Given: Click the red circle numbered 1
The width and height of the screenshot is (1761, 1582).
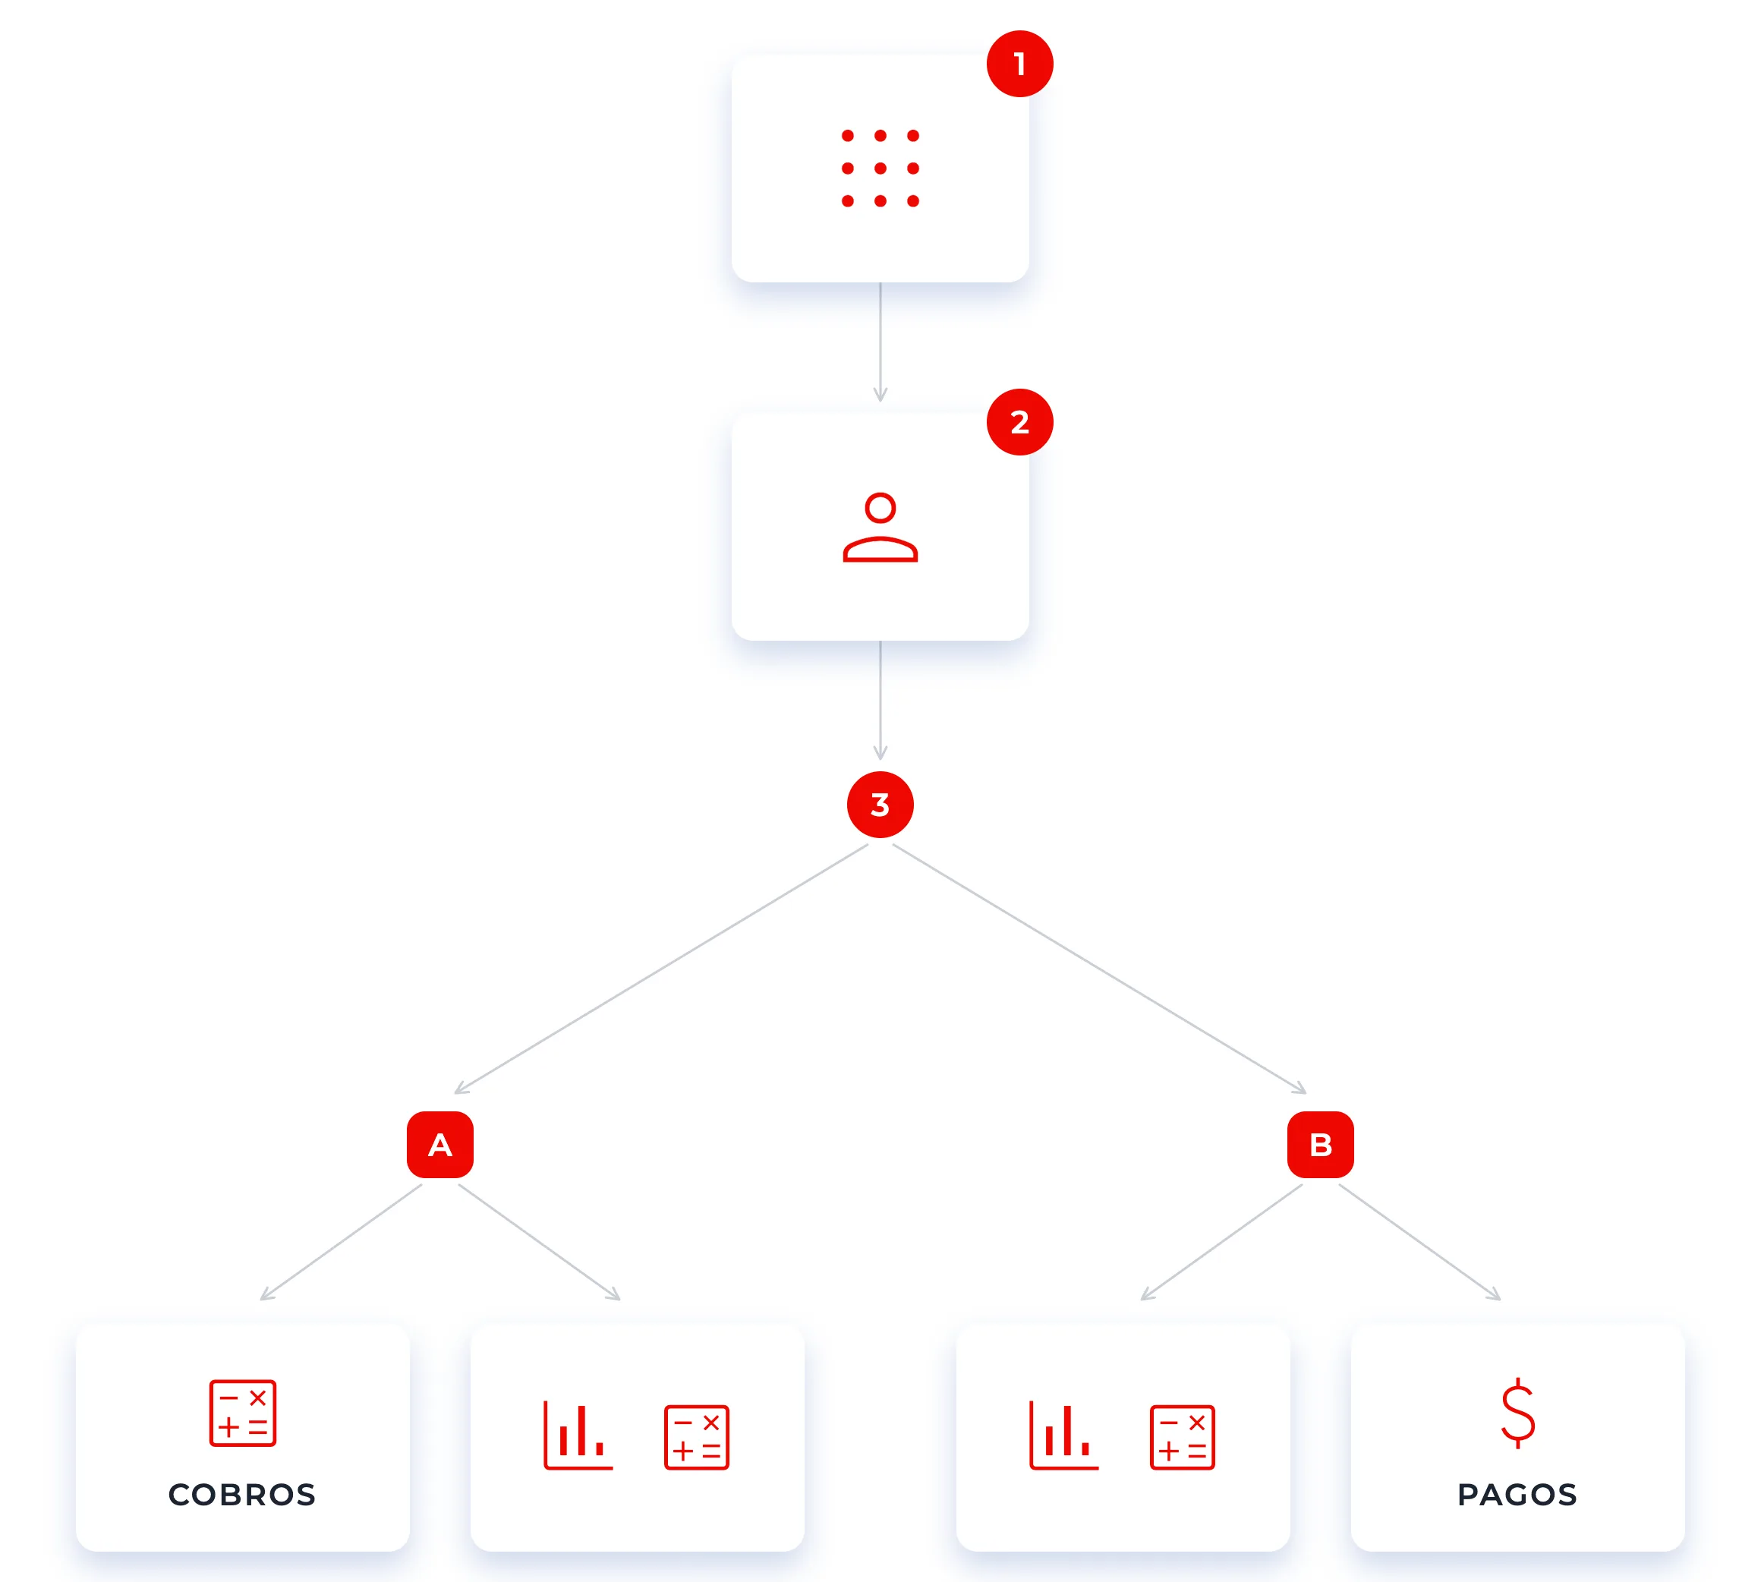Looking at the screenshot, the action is coord(1019,64).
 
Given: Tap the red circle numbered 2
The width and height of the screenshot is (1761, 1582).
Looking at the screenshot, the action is coord(1019,421).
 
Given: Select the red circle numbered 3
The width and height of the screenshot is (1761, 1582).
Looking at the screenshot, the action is coord(880,804).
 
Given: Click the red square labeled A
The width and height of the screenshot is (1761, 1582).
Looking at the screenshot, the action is coord(439,1145).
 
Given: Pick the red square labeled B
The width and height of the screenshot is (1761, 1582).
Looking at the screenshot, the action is coord(1320,1145).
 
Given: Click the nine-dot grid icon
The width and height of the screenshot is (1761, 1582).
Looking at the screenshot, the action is coord(880,168).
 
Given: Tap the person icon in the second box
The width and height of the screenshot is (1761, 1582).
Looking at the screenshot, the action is coord(880,528).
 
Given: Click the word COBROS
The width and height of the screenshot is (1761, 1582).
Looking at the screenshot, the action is coord(241,1495).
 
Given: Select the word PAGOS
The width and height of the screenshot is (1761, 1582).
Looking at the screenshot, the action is coord(1517,1495).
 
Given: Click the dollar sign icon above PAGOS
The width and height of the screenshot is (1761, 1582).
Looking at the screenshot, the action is coord(1517,1413).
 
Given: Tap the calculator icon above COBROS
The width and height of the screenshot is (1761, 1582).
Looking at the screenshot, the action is coord(242,1413).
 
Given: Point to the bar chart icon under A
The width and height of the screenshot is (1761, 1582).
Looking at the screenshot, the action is coord(578,1435).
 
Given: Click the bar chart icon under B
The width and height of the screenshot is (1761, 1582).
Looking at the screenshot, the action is coord(1064,1435).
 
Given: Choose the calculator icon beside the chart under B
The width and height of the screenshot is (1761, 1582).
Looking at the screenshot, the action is coord(1182,1438).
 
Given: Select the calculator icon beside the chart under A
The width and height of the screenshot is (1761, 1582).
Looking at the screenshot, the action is coord(696,1438).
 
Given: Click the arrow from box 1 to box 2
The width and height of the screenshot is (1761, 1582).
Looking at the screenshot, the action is coord(880,342).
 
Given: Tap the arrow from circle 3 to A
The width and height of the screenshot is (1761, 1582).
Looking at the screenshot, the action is coord(660,969).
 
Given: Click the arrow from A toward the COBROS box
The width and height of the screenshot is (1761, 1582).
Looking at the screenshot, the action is coord(341,1242).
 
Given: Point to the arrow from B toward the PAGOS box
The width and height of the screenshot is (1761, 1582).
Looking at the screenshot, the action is coord(1419,1242).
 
